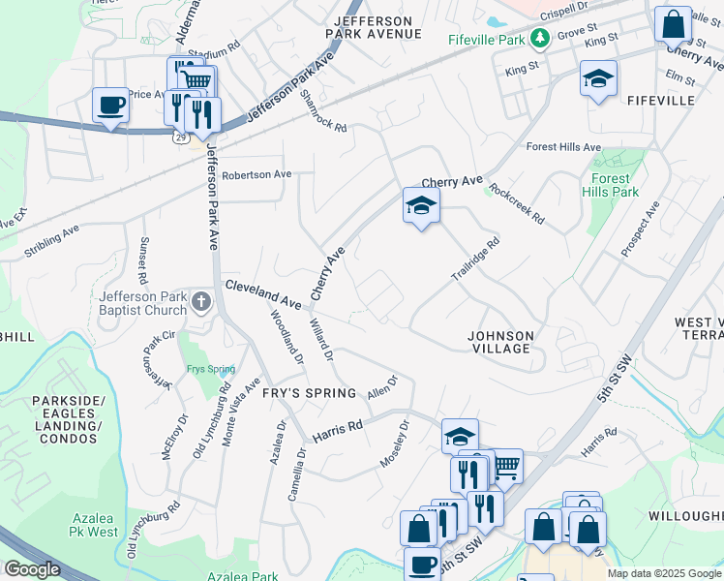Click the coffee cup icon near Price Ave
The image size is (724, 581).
[109, 105]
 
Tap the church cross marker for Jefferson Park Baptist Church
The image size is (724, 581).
[201, 301]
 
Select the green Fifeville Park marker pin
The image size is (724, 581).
[538, 39]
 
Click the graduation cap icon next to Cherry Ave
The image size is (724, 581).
[421, 205]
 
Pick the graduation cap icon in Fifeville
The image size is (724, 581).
[598, 79]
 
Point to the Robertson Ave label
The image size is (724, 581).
[256, 175]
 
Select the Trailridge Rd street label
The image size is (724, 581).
[475, 260]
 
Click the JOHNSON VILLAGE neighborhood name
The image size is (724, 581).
[499, 342]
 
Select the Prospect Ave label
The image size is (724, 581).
[640, 229]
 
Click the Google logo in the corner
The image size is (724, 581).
[32, 569]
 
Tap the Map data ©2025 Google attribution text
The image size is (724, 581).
[664, 573]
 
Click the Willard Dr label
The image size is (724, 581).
[321, 341]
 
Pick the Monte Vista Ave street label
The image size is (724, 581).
[241, 411]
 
